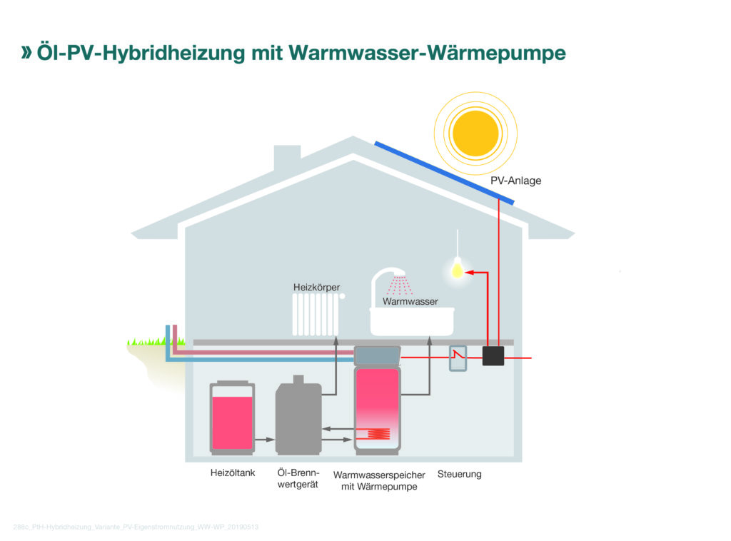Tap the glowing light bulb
tap(457, 270)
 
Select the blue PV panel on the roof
tap(445, 171)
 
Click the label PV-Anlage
tap(515, 181)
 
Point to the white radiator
tap(316, 315)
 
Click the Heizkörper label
tap(316, 287)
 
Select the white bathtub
tap(412, 322)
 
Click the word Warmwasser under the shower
tap(410, 301)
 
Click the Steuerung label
tap(459, 474)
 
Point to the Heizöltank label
tap(233, 473)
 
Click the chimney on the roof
tap(287, 157)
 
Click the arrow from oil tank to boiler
tap(264, 440)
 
